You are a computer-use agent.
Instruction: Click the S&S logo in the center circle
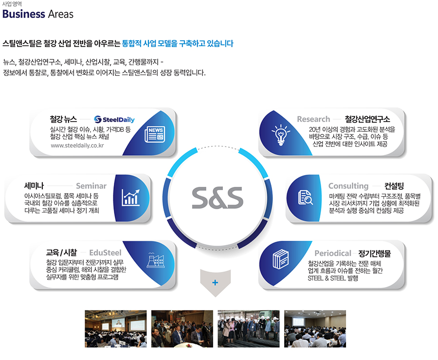pos(218,198)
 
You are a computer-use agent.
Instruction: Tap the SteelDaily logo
pos(114,120)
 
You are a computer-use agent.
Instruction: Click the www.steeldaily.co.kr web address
pos(77,145)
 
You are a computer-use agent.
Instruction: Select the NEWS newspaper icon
pos(155,134)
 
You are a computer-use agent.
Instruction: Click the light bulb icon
pos(281,135)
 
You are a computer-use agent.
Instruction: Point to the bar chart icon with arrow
pos(130,198)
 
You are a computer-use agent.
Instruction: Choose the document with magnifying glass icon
pos(305,198)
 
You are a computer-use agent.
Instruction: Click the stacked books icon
pos(281,259)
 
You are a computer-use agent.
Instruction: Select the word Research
pos(313,119)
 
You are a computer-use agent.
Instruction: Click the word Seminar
pos(91,186)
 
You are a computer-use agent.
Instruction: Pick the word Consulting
pos(348,186)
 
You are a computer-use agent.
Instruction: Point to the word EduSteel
pos(105,253)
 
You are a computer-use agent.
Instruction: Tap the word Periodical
pos(333,253)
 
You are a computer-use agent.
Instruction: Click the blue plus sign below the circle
pos(215,283)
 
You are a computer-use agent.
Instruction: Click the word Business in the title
pos(24,14)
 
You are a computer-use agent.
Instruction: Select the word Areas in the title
pos(61,14)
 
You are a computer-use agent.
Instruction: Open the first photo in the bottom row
pos(116,329)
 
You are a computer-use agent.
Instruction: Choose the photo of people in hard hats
pos(249,329)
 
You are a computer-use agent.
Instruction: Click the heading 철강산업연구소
pos(367,119)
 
